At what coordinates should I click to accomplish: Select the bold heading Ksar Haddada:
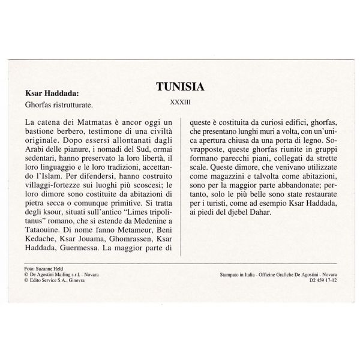click(x=50, y=94)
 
